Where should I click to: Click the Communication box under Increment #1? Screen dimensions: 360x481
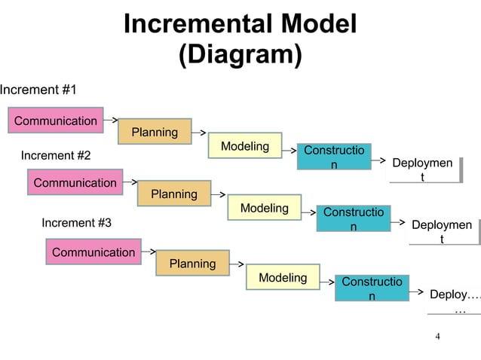[56, 121]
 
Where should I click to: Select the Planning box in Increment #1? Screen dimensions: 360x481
[155, 132]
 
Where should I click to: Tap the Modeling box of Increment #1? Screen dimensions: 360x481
[245, 146]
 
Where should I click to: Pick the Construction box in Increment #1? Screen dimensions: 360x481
[334, 157]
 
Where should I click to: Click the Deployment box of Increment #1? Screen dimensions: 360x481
[423, 169]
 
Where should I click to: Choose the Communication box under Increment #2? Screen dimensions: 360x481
[75, 183]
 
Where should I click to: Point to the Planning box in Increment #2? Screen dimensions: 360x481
[174, 194]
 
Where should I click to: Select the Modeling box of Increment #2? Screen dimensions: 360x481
[264, 208]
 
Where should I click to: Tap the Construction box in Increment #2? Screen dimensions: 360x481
[353, 218]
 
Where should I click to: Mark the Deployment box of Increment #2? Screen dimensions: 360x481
[443, 231]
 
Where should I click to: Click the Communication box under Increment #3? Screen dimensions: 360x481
[93, 252]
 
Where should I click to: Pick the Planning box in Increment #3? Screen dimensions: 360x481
[192, 264]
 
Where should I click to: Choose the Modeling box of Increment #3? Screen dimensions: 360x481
[283, 278]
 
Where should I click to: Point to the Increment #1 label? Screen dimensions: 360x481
[38, 90]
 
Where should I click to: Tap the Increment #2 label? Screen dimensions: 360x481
[55, 156]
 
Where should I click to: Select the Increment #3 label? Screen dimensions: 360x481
[76, 223]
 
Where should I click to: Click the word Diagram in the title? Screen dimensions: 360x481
[240, 56]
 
